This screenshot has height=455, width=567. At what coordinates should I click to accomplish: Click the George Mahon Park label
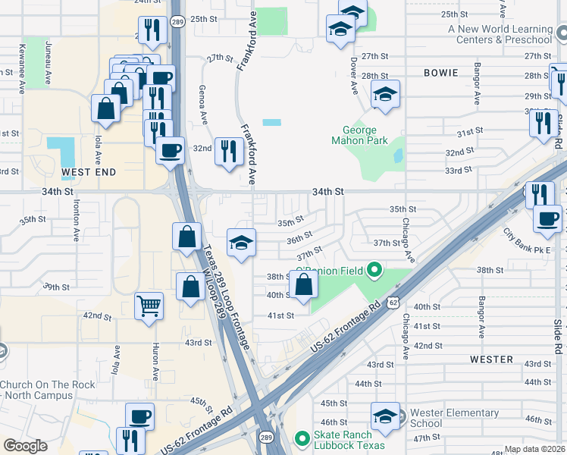click(360, 135)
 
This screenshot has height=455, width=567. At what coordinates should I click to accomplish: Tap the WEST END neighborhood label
click(89, 172)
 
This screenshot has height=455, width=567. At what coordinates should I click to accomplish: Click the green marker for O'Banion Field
click(373, 270)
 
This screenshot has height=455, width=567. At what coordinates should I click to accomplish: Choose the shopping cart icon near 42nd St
click(149, 306)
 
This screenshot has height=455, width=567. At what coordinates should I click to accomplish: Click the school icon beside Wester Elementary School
click(385, 416)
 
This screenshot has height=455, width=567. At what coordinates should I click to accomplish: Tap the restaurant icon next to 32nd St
click(227, 150)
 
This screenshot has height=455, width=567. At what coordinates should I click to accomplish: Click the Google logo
click(25, 445)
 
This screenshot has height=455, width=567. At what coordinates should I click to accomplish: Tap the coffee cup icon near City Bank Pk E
click(546, 219)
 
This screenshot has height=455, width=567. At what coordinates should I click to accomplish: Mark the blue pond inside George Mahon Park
click(398, 155)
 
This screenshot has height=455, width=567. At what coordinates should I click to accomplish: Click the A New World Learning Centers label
click(500, 34)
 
